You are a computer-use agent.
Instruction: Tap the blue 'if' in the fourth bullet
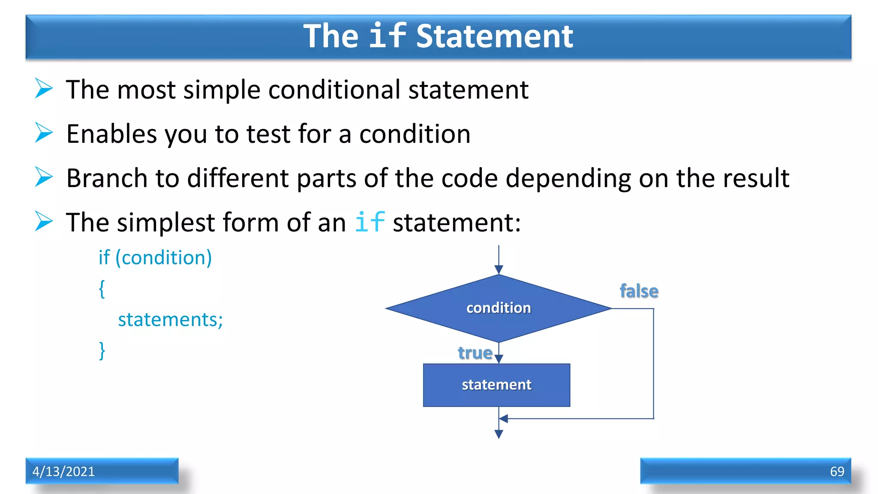[370, 222]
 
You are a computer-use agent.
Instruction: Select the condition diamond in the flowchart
[499, 308]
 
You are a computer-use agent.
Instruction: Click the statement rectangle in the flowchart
[496, 385]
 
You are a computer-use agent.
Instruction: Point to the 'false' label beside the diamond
[639, 291]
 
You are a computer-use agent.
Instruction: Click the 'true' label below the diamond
[475, 353]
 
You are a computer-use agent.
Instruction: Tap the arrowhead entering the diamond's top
[499, 269]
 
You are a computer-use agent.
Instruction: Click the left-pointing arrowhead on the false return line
[504, 419]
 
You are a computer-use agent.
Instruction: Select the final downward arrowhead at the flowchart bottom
[499, 434]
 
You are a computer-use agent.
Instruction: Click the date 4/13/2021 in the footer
[63, 471]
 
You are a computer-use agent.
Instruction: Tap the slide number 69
[837, 471]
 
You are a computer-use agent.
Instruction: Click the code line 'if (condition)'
[155, 258]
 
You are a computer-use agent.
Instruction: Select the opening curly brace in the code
[102, 289]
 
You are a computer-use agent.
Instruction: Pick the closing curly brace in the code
[102, 350]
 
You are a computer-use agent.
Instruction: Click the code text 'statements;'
[170, 319]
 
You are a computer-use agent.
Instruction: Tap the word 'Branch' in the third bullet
[107, 178]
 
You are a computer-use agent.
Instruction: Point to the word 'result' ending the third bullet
[756, 178]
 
